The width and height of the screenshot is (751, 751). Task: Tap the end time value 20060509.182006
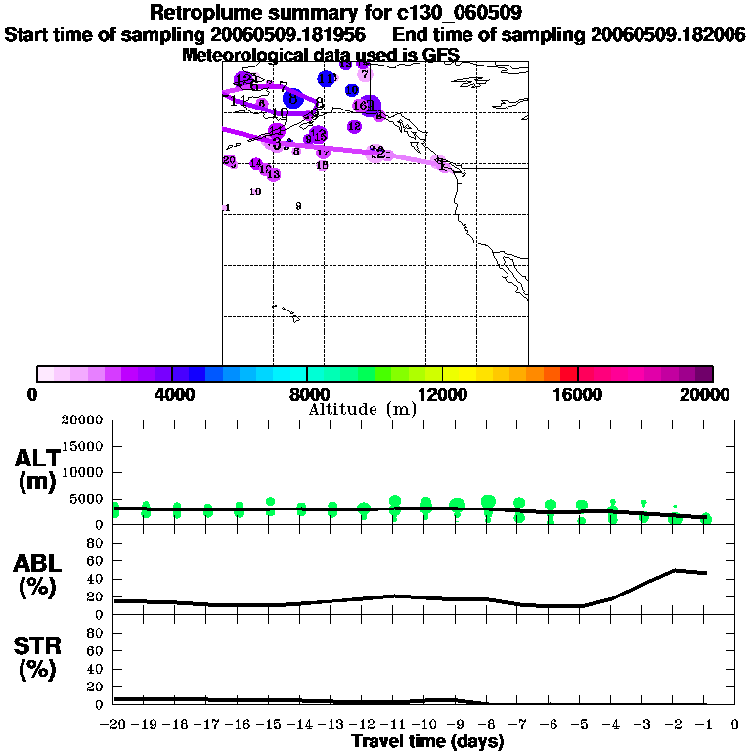668,35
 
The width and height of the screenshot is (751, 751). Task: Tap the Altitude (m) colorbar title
362,410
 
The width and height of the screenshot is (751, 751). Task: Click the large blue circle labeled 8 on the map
292,98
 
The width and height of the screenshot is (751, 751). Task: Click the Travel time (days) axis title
427,742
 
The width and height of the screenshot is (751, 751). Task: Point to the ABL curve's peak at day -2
675,570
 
